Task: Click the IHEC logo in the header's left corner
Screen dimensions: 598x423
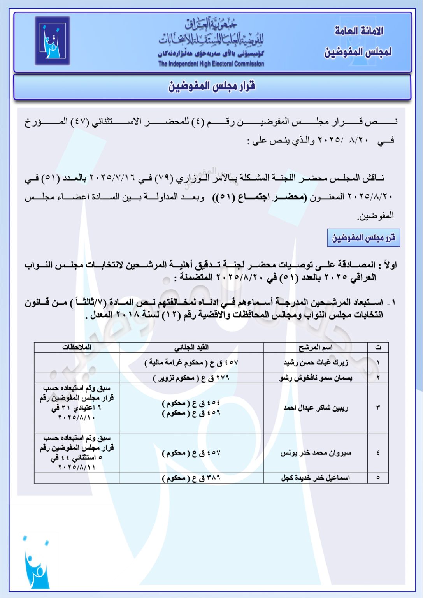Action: point(53,40)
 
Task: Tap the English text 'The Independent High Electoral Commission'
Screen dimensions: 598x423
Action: point(211,64)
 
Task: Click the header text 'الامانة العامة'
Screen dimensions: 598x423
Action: point(359,31)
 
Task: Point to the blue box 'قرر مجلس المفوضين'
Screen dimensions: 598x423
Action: point(363,237)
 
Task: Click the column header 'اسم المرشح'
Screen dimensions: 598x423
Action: point(315,347)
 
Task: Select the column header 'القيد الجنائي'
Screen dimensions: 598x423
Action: point(191,347)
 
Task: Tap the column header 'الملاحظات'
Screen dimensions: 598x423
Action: point(77,347)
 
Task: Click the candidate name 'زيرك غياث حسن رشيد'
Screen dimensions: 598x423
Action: point(316,362)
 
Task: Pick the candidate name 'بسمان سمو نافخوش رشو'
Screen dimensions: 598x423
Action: point(316,378)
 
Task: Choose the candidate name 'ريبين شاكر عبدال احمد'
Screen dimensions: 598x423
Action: point(316,408)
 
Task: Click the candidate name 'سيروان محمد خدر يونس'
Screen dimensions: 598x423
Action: point(316,453)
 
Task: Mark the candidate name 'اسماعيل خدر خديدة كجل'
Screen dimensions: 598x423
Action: point(316,478)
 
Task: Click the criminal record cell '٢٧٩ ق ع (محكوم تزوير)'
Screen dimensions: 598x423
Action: point(191,378)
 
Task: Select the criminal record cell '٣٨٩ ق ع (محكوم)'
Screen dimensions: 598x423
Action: point(191,478)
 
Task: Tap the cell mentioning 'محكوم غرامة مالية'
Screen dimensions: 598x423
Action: point(191,362)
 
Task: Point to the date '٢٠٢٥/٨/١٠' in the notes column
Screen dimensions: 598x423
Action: point(77,417)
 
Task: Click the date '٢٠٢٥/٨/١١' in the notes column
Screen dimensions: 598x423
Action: point(77,467)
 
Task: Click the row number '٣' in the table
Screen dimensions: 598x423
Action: point(378,408)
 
